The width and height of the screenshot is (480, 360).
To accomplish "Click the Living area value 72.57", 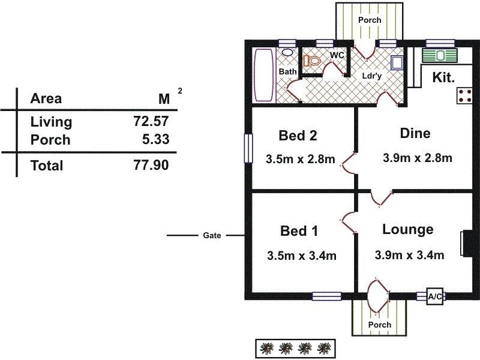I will [151, 122].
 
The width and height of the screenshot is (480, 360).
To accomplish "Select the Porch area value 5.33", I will [154, 140].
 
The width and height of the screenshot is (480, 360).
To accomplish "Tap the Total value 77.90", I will [151, 165].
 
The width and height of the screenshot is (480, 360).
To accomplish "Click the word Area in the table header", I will [46, 99].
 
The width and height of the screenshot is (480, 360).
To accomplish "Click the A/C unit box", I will [434, 296].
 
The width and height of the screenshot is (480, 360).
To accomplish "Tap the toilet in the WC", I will [311, 61].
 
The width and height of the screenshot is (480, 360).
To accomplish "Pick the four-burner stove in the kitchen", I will [464, 95].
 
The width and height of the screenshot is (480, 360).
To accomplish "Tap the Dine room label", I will [415, 133].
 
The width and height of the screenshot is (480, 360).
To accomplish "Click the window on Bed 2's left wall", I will [247, 148].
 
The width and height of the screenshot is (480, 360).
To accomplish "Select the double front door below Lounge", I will [377, 296].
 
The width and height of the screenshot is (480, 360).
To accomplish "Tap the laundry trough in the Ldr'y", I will [397, 63].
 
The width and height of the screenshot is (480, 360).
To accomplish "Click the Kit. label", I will [443, 77].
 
